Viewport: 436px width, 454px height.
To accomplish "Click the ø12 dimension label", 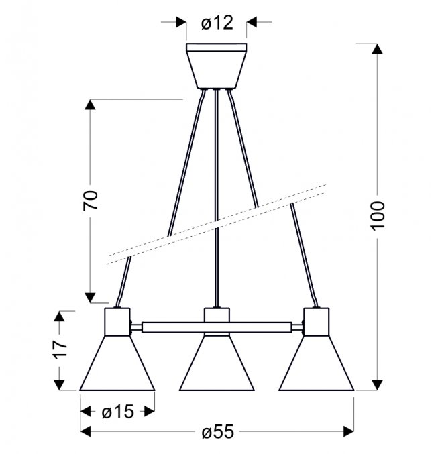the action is [x=217, y=23].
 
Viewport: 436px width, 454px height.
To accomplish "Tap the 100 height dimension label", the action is [x=378, y=216].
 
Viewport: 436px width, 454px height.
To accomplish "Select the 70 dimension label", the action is [x=91, y=200].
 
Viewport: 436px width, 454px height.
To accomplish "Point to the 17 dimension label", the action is [x=60, y=349].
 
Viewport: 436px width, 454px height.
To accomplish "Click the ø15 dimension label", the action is [x=117, y=412].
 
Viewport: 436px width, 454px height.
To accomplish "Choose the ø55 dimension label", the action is [x=217, y=431].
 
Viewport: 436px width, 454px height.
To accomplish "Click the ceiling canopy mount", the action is [x=217, y=66].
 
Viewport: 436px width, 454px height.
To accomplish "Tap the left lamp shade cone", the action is [x=117, y=363].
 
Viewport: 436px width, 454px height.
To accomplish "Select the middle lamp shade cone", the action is [x=217, y=363].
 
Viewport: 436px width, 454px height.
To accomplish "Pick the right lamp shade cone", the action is [x=317, y=363].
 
